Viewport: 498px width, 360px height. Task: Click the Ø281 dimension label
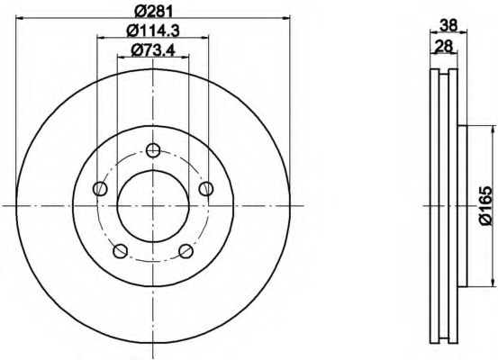pos(153,11)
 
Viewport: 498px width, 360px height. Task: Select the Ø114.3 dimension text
pos(153,31)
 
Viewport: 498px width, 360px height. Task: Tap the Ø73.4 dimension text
pos(153,50)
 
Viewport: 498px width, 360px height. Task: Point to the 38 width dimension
pos(448,25)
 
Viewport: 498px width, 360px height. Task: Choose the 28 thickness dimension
pos(444,46)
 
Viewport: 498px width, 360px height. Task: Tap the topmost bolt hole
pos(153,150)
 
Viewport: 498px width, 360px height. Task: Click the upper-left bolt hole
pos(100,189)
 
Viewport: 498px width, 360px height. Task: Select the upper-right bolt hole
pos(206,189)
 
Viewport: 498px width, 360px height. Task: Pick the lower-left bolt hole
pos(120,251)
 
